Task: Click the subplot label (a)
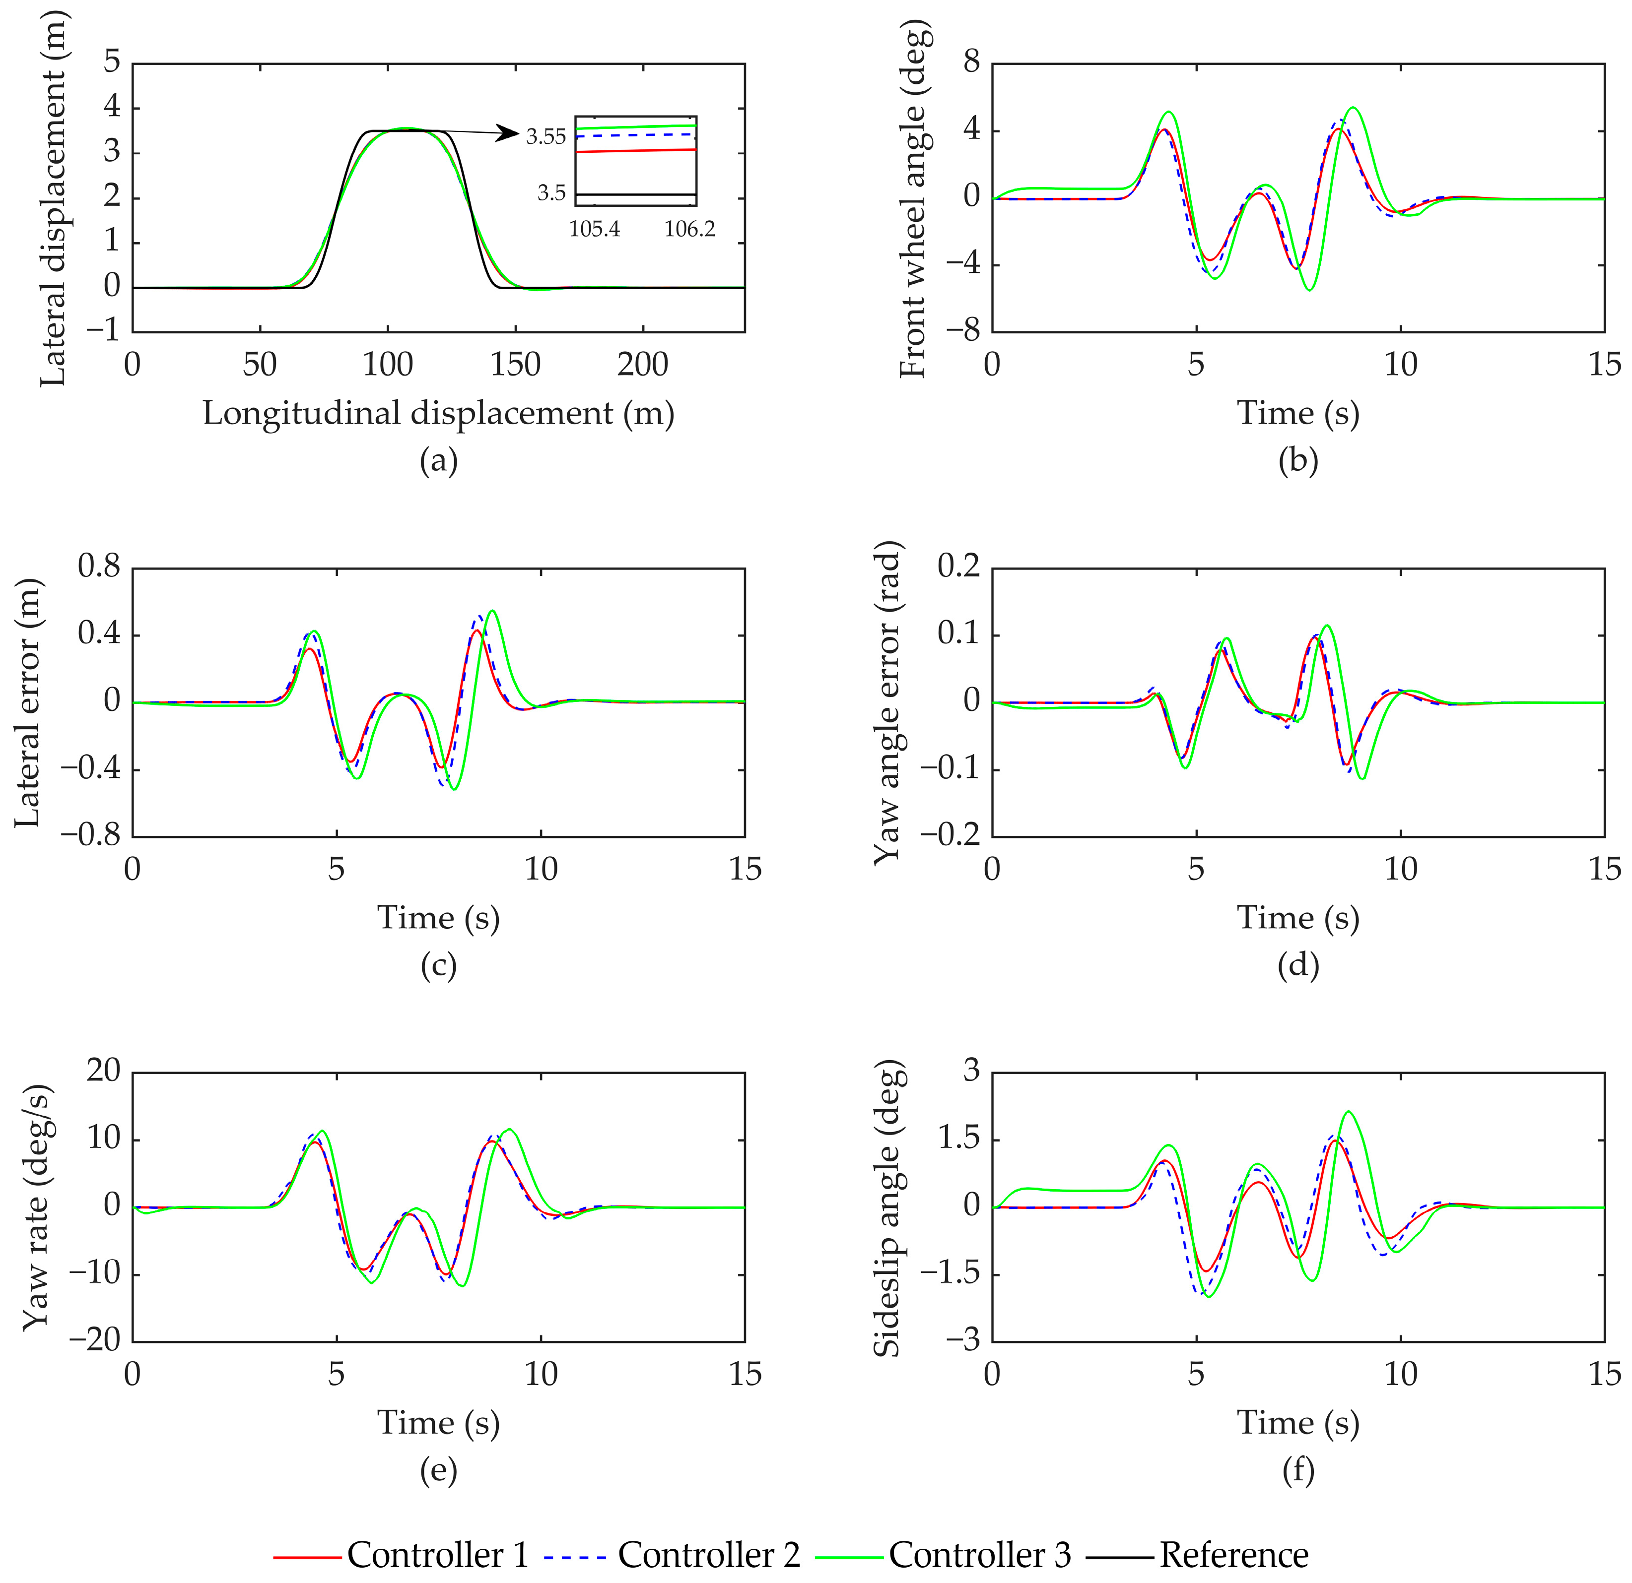439,459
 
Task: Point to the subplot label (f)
1298,1470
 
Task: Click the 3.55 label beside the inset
545,136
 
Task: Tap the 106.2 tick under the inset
689,229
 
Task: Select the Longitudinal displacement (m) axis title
439,413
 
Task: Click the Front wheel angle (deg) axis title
913,197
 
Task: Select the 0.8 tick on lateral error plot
99,568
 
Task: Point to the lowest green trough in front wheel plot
1310,291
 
